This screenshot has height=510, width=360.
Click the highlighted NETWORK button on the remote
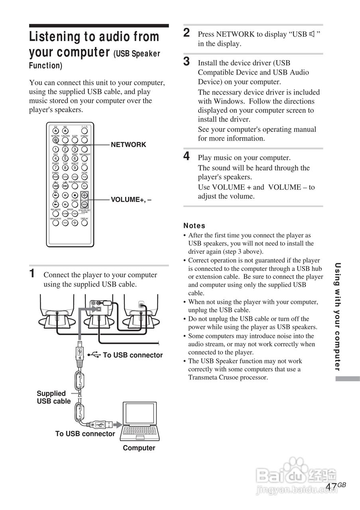[x=55, y=140]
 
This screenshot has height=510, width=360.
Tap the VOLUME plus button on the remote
[x=85, y=195]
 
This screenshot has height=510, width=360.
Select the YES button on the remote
[x=85, y=177]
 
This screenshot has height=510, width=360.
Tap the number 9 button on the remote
[x=75, y=168]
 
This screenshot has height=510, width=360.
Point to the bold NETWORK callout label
[x=128, y=145]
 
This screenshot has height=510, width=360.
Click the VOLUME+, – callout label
[x=131, y=200]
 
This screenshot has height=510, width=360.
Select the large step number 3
[x=187, y=61]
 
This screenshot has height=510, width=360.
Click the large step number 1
[x=33, y=274]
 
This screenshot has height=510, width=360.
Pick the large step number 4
[x=187, y=156]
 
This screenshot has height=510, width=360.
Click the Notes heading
[x=194, y=226]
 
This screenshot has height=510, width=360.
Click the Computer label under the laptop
[x=139, y=448]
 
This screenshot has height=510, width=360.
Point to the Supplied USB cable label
[x=53, y=397]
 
